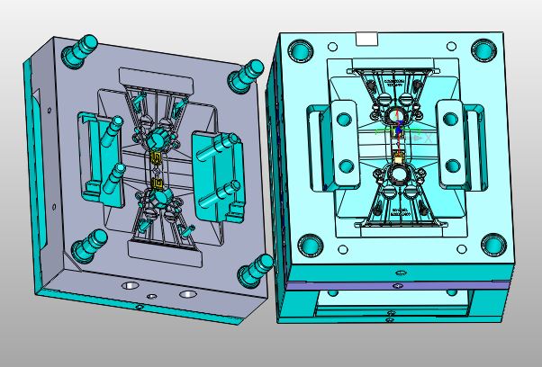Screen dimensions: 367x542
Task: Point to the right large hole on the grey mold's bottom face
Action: [187, 293]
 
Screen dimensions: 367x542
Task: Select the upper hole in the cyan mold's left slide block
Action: [343, 117]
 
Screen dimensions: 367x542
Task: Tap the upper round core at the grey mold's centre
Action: [155, 139]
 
